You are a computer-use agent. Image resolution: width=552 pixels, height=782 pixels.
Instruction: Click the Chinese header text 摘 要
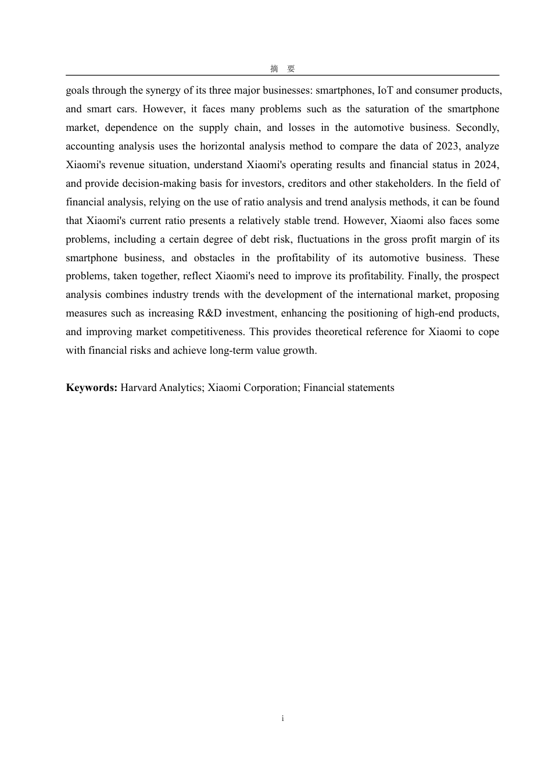click(282, 69)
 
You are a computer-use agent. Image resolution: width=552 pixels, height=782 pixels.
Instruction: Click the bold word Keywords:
click(92, 388)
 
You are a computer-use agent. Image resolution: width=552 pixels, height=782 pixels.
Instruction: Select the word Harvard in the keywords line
click(138, 388)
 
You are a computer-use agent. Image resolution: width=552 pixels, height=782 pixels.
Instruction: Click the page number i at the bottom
click(282, 718)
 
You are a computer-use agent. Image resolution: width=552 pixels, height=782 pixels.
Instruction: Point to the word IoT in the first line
click(385, 90)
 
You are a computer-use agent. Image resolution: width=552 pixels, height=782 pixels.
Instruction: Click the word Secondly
click(477, 127)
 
